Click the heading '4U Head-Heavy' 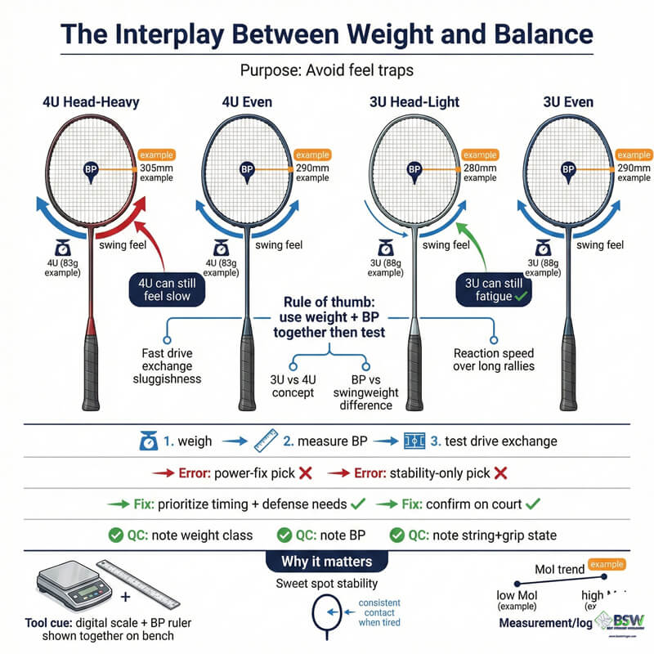click(90, 102)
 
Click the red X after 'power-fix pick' click(302, 473)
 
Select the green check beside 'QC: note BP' click(285, 535)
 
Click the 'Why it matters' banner click(326, 562)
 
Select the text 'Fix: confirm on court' click(462, 504)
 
